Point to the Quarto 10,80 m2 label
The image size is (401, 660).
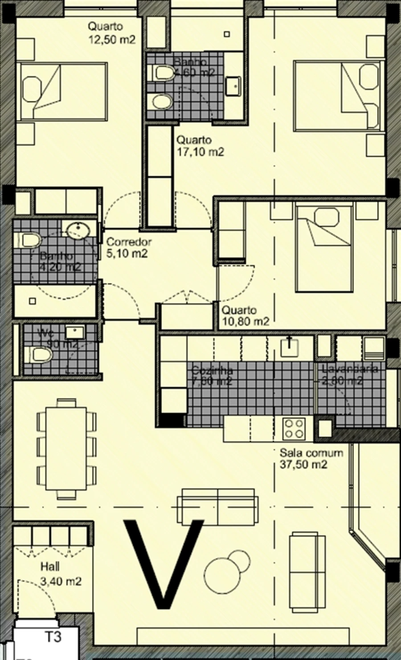(246, 316)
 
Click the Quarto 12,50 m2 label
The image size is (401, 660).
(111, 33)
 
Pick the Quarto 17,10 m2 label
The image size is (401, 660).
(200, 146)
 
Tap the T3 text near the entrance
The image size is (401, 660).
(53, 637)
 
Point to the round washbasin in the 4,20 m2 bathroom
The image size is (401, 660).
(78, 229)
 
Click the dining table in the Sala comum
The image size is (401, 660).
(66, 447)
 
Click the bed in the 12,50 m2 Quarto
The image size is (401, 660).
(62, 91)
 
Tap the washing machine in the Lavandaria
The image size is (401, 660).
(373, 348)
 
